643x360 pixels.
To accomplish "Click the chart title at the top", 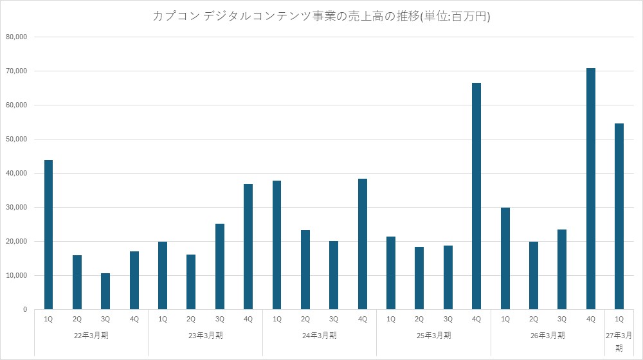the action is [321, 16].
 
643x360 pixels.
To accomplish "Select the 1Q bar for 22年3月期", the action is [48, 235].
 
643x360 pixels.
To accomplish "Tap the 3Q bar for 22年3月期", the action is [105, 291].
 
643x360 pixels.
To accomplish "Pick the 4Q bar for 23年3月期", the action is [248, 246].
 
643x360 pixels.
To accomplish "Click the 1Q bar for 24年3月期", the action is [276, 245].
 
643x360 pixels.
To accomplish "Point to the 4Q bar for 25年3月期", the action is [476, 196].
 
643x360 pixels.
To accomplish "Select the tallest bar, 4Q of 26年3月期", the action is [590, 188].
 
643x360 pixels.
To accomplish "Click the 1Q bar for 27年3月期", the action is [619, 216].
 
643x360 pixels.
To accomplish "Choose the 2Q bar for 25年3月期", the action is [419, 278].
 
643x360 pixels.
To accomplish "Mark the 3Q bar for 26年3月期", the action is [562, 269].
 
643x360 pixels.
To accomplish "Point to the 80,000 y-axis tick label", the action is [17, 37].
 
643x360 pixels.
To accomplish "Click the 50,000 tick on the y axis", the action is [17, 139].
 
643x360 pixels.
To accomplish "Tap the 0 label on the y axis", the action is [25, 310].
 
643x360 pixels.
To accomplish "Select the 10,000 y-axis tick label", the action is [17, 276].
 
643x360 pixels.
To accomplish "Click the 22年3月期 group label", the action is [91, 336].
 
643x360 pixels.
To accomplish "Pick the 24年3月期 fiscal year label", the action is [320, 336].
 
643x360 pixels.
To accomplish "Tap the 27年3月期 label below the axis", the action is [619, 341].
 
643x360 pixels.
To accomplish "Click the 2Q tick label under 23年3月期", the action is [191, 319].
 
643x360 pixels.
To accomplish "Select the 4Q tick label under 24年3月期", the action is [363, 319].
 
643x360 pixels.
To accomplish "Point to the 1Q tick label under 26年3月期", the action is [505, 319].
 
